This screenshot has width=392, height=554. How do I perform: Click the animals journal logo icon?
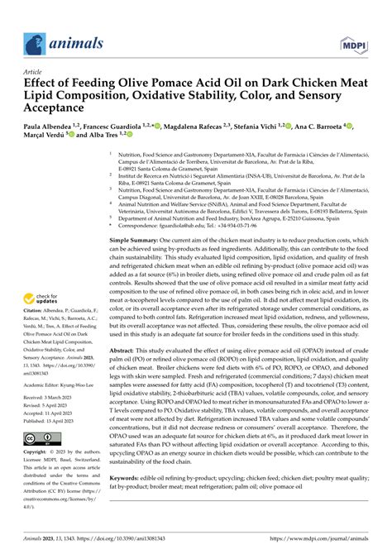coord(34,42)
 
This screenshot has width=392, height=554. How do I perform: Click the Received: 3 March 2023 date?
coord(49,399)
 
